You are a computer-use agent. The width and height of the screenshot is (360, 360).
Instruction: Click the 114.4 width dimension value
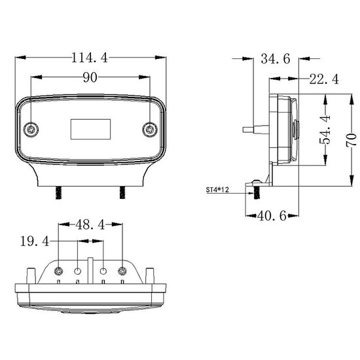pyautogui.click(x=90, y=58)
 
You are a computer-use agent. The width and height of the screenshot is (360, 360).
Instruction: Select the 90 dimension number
pyautogui.click(x=90, y=77)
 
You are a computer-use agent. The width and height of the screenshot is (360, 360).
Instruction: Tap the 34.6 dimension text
pyautogui.click(x=276, y=58)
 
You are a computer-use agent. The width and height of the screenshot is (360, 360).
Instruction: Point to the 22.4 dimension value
pyautogui.click(x=324, y=79)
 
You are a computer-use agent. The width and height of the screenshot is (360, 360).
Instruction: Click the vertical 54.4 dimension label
pyautogui.click(x=325, y=130)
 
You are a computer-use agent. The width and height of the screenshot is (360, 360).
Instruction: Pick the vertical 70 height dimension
pyautogui.click(x=351, y=139)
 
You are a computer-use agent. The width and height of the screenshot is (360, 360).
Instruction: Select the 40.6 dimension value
pyautogui.click(x=272, y=215)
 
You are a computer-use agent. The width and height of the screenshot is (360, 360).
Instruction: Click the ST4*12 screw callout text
pyautogui.click(x=217, y=190)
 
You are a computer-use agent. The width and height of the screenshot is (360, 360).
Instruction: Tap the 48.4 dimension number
pyautogui.click(x=90, y=225)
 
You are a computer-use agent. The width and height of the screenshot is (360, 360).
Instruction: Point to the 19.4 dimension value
pyautogui.click(x=35, y=242)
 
